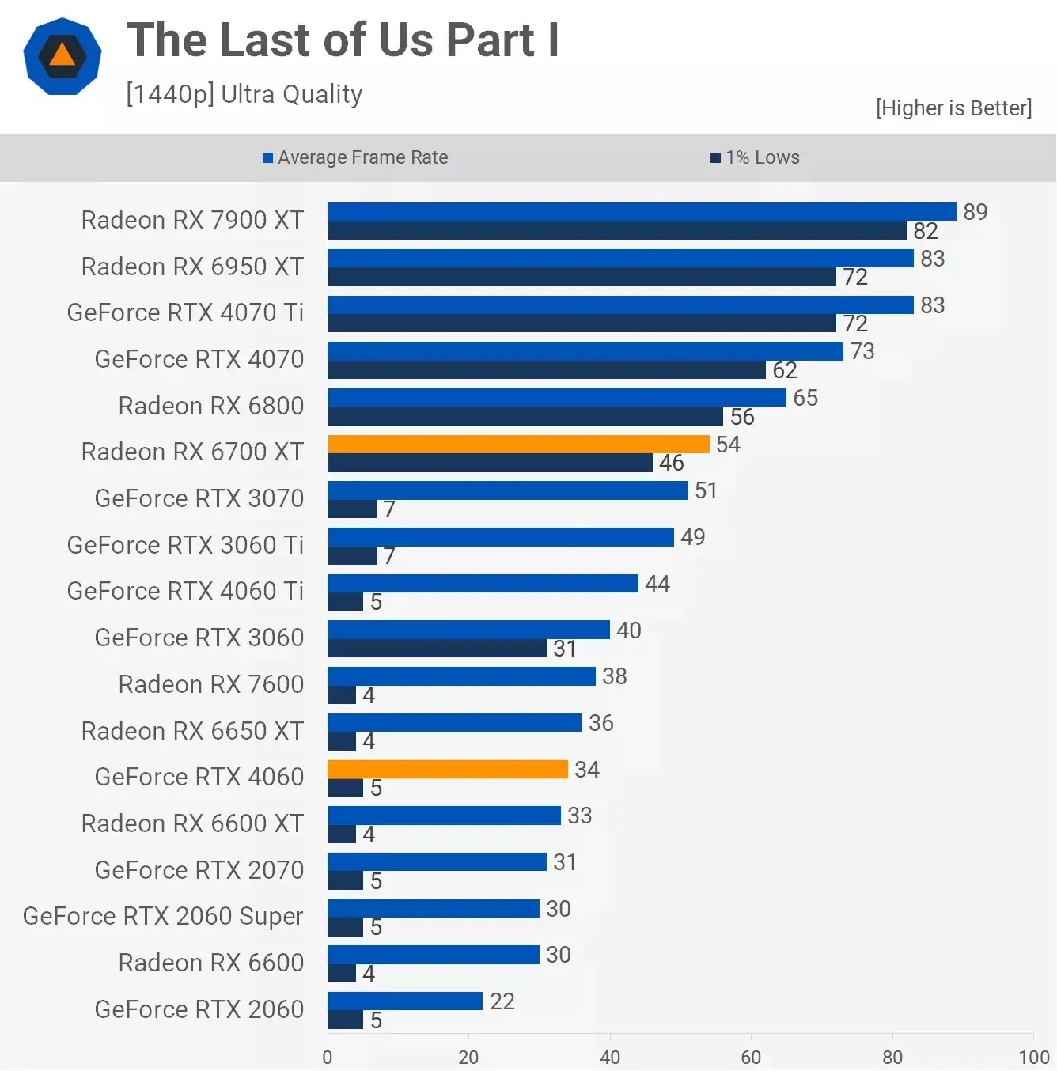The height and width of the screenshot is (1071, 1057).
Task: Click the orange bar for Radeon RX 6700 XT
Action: [518, 444]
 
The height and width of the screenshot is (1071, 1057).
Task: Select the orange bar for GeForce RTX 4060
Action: [448, 769]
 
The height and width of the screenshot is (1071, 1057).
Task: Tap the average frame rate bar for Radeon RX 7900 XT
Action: [642, 212]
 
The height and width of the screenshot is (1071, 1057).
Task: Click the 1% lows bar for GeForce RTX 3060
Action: [437, 649]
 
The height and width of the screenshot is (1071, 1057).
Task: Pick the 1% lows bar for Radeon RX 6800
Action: [525, 417]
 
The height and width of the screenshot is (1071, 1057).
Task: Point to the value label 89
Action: [975, 212]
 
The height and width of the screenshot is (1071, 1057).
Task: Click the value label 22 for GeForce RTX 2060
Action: [502, 1001]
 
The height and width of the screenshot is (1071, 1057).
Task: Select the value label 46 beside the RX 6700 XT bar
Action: [671, 463]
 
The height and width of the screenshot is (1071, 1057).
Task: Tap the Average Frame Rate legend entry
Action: [355, 157]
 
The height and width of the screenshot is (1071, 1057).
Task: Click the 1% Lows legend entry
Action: [755, 157]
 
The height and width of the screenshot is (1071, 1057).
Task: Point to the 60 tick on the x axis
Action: [751, 1057]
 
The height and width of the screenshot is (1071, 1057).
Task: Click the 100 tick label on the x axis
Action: [1033, 1057]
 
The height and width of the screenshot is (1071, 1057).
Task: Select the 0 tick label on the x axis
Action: [328, 1057]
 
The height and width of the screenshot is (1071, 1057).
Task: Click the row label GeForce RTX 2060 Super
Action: [163, 916]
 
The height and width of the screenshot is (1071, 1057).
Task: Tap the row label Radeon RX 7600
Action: [210, 684]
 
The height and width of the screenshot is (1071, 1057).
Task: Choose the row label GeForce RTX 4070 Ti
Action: [185, 312]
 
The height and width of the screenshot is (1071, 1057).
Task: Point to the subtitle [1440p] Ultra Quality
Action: [244, 94]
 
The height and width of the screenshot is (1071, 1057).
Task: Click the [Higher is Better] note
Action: [953, 108]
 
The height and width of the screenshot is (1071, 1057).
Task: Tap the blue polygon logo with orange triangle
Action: [63, 56]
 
